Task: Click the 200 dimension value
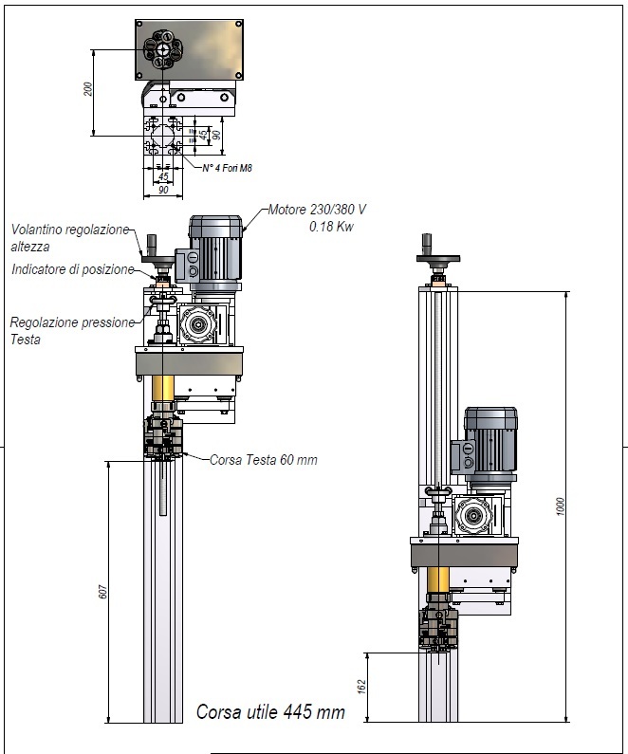click(x=87, y=89)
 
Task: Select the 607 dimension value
click(x=102, y=592)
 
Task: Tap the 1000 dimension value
click(x=561, y=506)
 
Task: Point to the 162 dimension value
click(x=362, y=687)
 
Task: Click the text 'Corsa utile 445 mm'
click(x=270, y=711)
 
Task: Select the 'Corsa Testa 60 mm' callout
click(x=264, y=460)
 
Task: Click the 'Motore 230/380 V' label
click(x=318, y=210)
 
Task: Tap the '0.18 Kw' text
click(x=331, y=226)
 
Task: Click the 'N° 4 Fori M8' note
click(x=227, y=168)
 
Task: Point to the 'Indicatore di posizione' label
click(x=73, y=269)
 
